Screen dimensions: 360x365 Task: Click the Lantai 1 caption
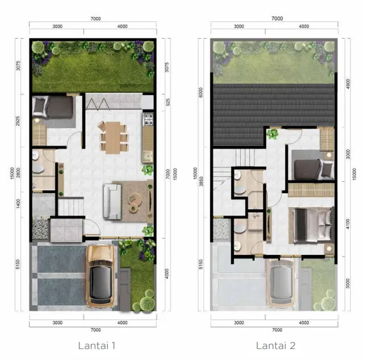(97, 346)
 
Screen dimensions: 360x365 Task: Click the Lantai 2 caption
(276, 346)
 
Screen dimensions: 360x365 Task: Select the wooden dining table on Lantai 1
(113, 137)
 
